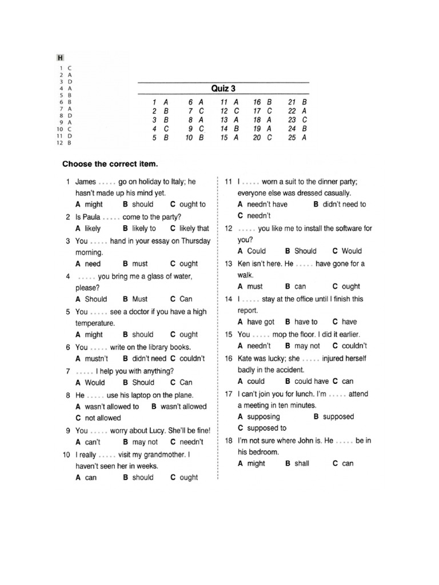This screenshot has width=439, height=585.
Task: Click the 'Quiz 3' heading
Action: click(x=223, y=89)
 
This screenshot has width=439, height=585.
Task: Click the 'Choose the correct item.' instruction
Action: click(x=110, y=164)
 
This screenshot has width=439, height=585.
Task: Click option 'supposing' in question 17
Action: click(x=264, y=416)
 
